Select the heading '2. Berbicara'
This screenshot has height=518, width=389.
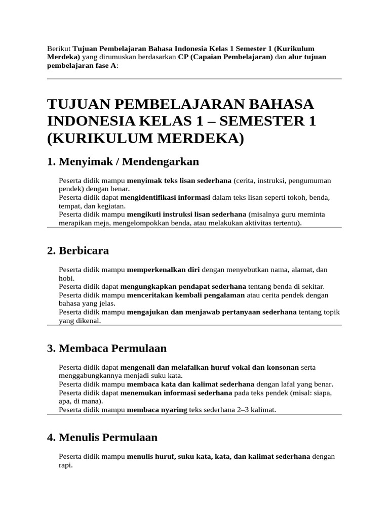coord(77,251)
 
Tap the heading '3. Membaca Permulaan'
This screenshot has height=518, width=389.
coord(106,349)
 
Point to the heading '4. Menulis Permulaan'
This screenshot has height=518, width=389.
coord(102,437)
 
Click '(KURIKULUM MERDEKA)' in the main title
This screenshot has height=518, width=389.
coord(145,138)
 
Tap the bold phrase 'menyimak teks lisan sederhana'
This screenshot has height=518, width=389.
coord(179,181)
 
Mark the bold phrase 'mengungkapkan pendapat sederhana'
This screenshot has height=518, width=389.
coord(183,286)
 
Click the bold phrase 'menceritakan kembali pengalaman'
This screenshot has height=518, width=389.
coord(185,295)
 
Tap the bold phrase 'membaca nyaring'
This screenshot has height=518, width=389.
coord(157,410)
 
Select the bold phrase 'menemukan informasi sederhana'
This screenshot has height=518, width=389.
coord(176,393)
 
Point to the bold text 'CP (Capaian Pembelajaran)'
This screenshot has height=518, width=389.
coord(225,57)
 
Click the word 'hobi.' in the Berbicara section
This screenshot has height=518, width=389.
coord(67,278)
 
